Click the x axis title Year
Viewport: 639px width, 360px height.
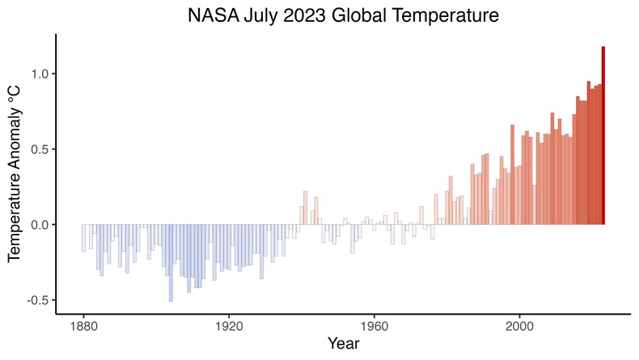coord(343,345)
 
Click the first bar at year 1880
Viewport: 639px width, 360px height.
coord(83,238)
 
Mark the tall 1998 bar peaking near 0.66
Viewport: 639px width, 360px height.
coord(512,175)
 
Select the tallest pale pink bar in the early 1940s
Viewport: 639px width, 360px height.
coord(305,208)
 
